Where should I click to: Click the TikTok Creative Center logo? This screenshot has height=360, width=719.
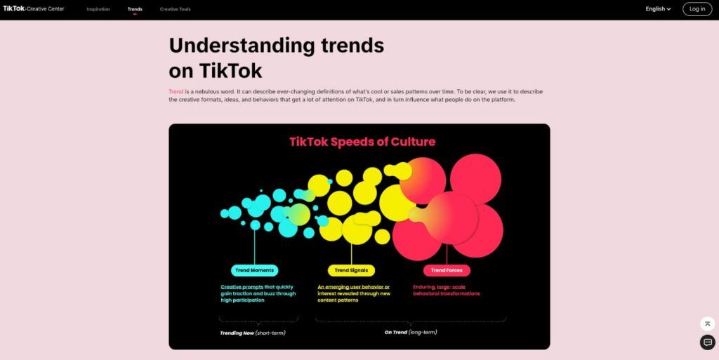click(x=34, y=9)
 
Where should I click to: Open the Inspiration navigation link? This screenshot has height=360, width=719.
click(x=98, y=9)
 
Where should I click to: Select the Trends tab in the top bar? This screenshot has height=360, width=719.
click(x=135, y=9)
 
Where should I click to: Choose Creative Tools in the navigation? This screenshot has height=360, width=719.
click(x=175, y=9)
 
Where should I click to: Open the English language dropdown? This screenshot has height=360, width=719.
click(x=658, y=9)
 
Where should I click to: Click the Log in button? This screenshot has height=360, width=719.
click(x=697, y=9)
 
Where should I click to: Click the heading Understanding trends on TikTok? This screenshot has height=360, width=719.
click(x=276, y=58)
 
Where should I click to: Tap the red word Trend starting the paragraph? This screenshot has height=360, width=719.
click(x=176, y=92)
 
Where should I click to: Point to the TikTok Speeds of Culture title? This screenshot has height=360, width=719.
click(x=362, y=142)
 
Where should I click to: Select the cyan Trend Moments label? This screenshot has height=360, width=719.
click(x=254, y=270)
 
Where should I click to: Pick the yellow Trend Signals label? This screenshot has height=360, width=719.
click(x=351, y=270)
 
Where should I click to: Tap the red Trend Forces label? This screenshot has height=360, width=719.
click(x=447, y=270)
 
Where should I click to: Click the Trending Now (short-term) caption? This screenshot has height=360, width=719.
click(x=253, y=333)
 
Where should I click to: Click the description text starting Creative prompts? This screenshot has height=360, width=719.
click(x=258, y=293)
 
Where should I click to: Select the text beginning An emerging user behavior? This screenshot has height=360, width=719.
click(x=353, y=293)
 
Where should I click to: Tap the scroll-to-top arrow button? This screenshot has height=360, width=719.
click(x=707, y=324)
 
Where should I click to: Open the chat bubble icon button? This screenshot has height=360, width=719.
click(x=707, y=342)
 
